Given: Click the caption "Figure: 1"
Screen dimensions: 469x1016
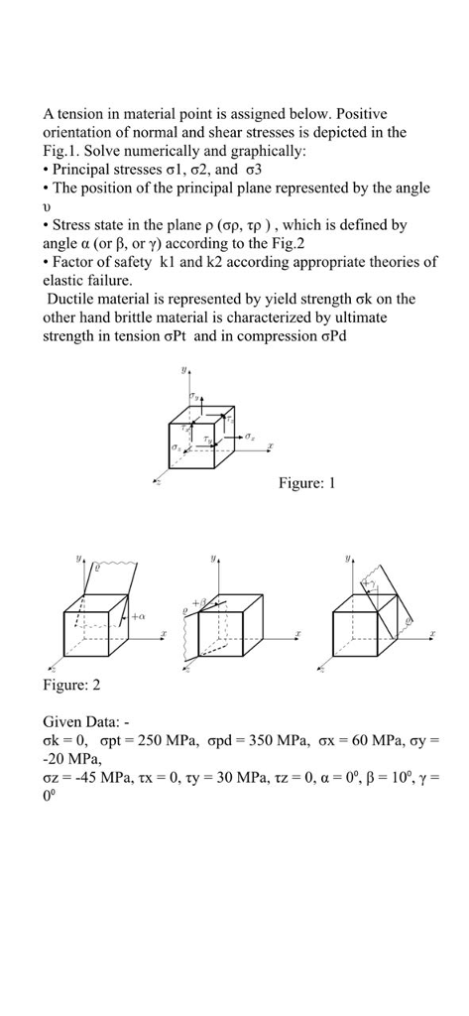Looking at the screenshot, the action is point(308,483).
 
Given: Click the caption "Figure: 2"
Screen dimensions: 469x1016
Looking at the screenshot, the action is point(71,685).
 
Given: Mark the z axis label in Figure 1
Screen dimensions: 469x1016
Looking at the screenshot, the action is point(156,482).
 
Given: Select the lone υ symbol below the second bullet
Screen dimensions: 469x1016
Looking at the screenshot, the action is point(48,206).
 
